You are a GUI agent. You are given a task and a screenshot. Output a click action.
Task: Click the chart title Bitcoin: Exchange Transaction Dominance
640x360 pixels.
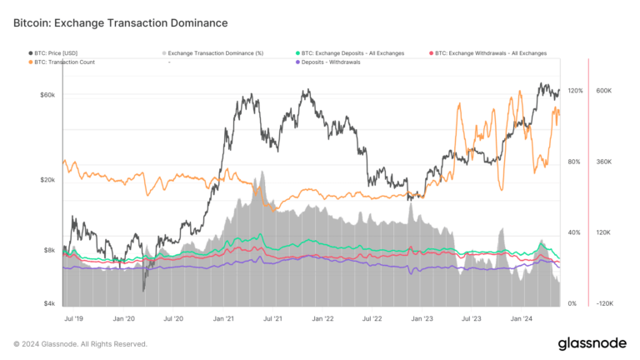120,23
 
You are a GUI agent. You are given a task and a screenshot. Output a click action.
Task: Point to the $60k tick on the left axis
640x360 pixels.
47,94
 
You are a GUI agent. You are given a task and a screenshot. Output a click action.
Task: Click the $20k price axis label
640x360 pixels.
47,180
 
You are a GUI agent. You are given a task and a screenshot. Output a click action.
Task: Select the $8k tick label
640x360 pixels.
49,250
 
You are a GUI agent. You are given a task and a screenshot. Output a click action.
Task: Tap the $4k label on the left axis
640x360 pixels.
49,303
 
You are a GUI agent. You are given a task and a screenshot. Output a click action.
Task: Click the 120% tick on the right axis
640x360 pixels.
575,90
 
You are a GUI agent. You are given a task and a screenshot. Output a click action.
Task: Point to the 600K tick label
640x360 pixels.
604,90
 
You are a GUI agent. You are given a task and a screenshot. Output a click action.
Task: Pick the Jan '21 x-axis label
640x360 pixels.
223,317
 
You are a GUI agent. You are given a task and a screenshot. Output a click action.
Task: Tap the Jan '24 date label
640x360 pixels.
522,317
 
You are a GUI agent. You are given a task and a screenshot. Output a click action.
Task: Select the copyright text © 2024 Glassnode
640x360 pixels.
80,344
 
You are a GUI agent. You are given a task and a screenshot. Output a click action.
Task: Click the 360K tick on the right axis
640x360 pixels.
604,162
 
